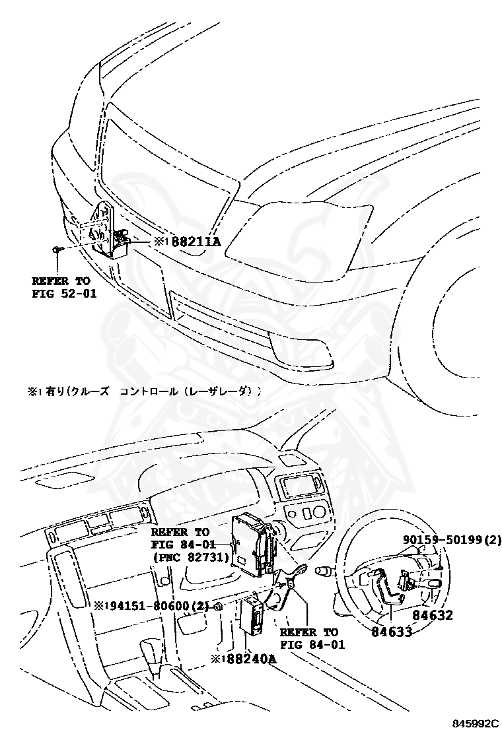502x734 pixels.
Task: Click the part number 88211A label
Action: (196, 242)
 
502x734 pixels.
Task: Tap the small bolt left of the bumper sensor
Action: (57, 250)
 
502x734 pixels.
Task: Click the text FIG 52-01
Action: (64, 294)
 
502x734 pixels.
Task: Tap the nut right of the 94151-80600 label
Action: (218, 606)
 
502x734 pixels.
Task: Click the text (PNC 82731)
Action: (190, 557)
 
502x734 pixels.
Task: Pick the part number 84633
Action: (392, 632)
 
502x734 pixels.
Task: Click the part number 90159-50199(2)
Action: (452, 540)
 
